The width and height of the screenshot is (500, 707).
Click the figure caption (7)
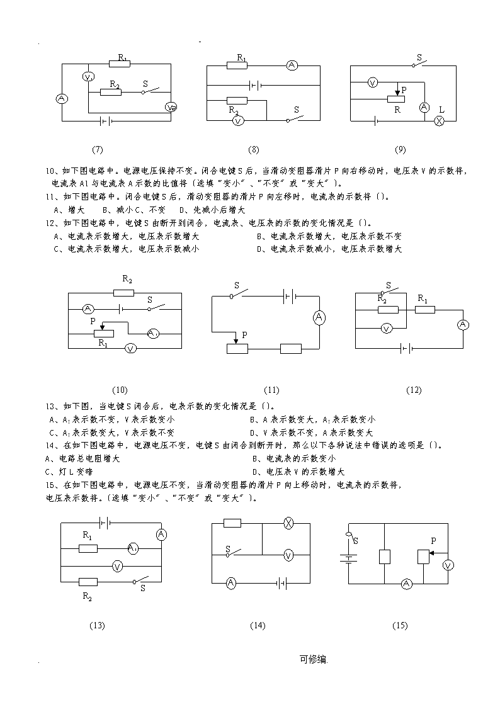(98, 150)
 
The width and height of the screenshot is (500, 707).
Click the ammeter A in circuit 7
(62, 99)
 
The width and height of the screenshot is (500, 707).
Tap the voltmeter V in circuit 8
(238, 120)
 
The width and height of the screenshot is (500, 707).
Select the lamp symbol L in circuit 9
(439, 120)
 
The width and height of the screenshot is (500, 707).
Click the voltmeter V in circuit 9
(372, 82)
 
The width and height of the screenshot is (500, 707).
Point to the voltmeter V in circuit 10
(130, 348)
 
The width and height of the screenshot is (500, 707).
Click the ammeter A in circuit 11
(319, 317)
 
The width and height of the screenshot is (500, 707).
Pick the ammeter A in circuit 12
(463, 325)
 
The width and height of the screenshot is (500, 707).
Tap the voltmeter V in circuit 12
(387, 328)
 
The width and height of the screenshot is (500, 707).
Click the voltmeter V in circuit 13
(118, 566)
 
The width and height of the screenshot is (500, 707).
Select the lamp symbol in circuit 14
(288, 523)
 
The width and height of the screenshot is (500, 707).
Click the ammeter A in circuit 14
(231, 583)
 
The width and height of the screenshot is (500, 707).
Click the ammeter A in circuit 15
(407, 584)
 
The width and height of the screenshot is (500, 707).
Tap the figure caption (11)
(271, 390)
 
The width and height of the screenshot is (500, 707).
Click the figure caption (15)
(400, 625)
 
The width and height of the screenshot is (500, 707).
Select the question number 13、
(52, 406)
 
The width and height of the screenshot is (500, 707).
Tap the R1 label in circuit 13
(88, 535)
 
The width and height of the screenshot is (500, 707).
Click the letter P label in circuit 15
(434, 541)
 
